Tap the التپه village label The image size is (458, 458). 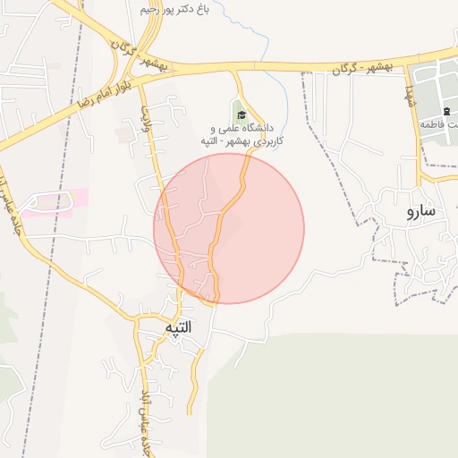179,328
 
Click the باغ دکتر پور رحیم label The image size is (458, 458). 186,8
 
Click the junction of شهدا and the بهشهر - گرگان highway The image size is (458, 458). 414,64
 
